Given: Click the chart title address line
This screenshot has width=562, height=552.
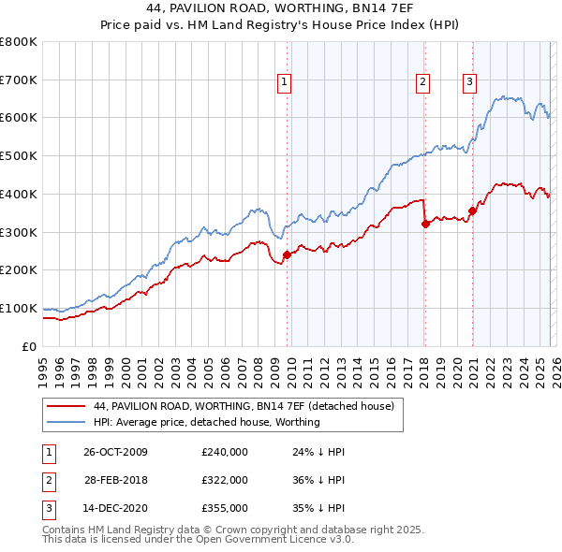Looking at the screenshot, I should [281, 8].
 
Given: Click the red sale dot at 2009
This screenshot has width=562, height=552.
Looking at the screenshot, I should [287, 254].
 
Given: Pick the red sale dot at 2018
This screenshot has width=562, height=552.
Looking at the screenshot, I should [425, 224].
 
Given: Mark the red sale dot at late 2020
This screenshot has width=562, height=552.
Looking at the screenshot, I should [472, 211].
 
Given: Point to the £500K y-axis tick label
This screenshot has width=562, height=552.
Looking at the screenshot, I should [19, 155].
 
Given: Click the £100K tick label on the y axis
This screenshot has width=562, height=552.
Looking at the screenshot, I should [19, 308].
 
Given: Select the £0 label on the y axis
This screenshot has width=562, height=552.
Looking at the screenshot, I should [28, 346].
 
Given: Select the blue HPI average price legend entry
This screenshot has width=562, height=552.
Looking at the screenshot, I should [206, 422].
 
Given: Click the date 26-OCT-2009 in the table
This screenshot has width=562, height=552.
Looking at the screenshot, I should [115, 452].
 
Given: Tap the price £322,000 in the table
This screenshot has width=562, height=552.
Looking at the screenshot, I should [224, 479].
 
